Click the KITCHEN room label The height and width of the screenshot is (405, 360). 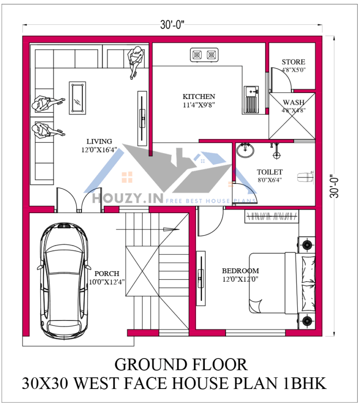point(199,97)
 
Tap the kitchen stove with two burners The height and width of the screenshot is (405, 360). point(205,55)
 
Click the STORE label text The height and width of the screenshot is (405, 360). point(293,62)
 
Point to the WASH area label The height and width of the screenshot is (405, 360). point(293,102)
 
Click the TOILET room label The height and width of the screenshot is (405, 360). point(270,172)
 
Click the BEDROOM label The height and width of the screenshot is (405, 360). point(240,271)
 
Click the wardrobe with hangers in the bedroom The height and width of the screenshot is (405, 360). point(271,216)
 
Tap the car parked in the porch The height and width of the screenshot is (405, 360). point(63,277)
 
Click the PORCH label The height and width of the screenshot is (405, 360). point(107,274)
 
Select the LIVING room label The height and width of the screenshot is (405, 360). point(99,141)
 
